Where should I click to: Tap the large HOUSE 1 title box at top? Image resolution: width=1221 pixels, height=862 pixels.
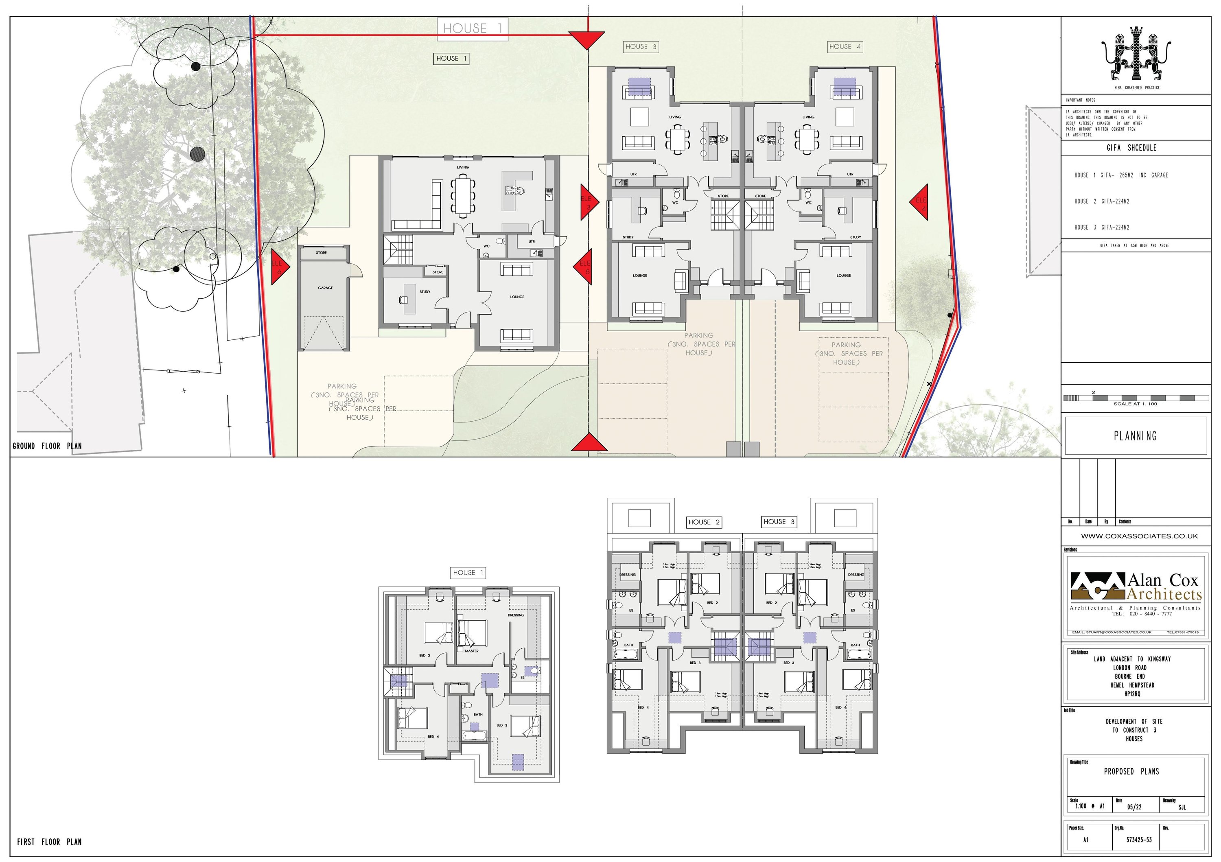(472, 28)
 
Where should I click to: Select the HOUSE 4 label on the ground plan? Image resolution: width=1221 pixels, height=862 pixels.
(845, 47)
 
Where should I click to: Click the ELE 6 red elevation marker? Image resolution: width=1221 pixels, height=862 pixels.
(279, 267)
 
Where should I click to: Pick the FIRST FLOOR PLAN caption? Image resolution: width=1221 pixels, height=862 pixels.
(50, 842)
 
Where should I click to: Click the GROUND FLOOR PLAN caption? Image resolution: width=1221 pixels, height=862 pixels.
(47, 446)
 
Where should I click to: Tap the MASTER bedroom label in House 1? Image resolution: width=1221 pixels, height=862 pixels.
(471, 651)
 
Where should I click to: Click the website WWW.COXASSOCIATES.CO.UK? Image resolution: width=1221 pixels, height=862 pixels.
(1138, 536)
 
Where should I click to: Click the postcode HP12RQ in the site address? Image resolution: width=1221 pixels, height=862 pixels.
(1133, 694)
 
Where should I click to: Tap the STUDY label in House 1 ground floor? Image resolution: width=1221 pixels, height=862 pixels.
(425, 292)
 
